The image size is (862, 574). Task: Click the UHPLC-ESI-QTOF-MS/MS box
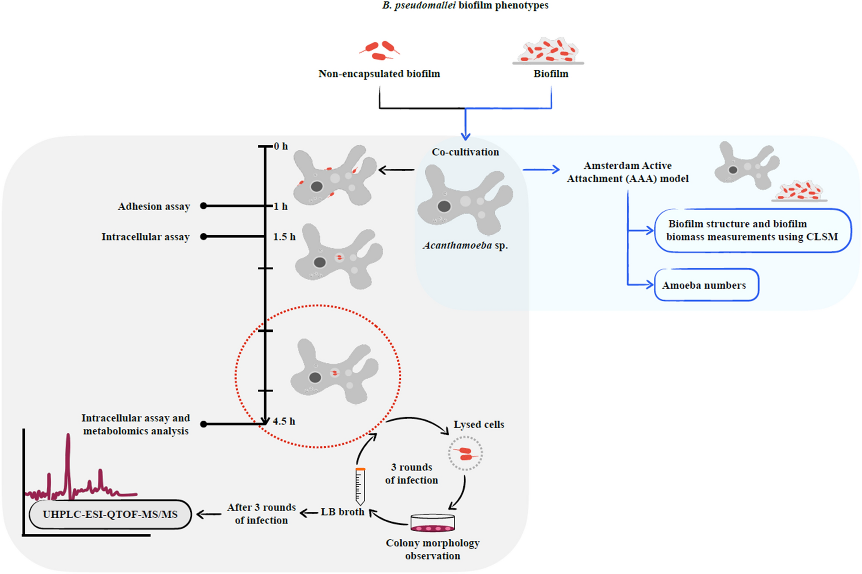point(110,514)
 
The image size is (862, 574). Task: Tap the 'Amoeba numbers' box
point(706,285)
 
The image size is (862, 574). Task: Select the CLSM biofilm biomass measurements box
point(752,230)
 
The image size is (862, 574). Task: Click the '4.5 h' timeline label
point(284,422)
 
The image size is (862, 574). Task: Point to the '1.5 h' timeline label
point(284,237)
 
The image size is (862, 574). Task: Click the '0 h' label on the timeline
point(281,146)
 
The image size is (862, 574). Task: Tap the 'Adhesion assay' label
point(154,206)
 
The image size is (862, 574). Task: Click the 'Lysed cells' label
point(479,425)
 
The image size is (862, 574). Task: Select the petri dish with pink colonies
point(432,523)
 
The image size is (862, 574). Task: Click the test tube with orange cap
point(360,486)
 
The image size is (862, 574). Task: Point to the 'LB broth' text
point(342,512)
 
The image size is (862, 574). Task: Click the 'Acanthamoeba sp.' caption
point(465,246)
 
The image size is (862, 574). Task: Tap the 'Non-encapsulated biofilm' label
point(379,74)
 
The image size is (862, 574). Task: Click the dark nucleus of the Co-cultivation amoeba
point(444,206)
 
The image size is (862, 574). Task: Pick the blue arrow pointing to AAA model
point(541,170)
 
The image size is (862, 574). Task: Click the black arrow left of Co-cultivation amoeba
point(396,170)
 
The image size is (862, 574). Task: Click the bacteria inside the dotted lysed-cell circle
point(465,454)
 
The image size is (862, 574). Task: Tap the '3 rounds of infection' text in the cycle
point(411,474)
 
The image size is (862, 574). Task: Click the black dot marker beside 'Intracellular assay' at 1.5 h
point(204,236)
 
